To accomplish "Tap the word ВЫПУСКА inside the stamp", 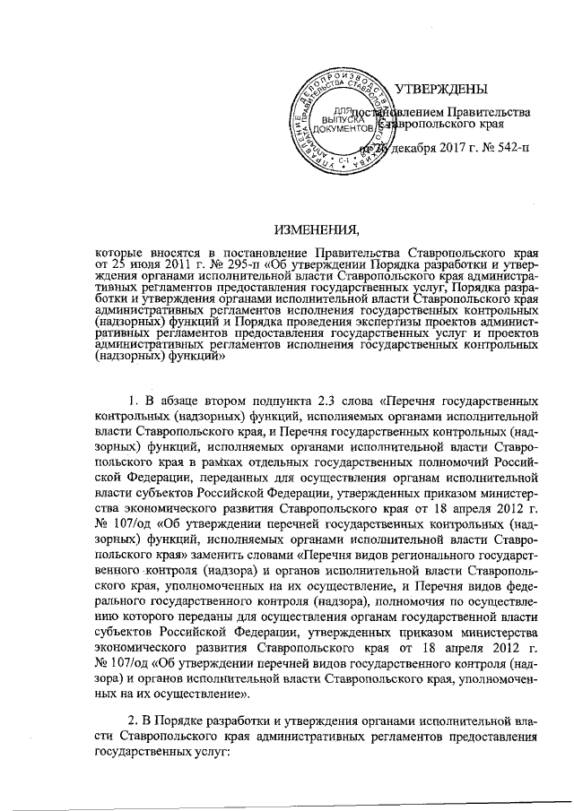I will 335,117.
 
